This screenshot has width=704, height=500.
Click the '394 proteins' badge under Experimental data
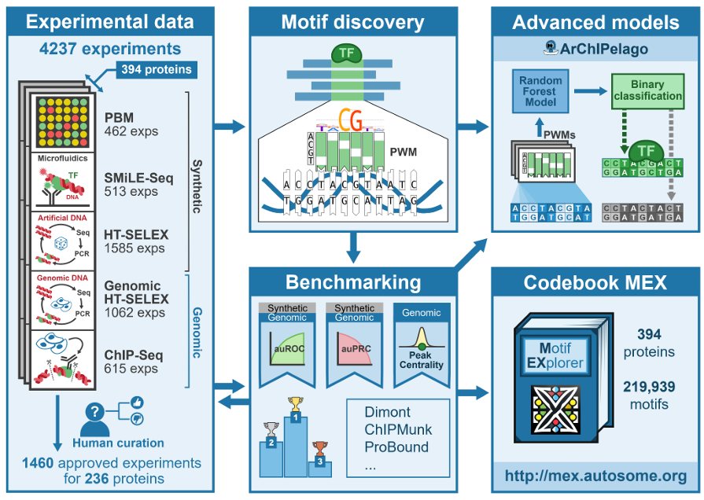(157, 70)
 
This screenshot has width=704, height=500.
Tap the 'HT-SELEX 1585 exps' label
(135, 240)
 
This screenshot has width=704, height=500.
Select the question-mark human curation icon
(95, 414)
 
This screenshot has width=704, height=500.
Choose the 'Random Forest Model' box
(540, 90)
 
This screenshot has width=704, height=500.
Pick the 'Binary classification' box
(647, 90)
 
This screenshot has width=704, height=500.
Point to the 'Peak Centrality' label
(422, 359)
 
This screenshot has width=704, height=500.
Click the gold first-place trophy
(295, 405)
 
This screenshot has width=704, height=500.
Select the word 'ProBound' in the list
(396, 447)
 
